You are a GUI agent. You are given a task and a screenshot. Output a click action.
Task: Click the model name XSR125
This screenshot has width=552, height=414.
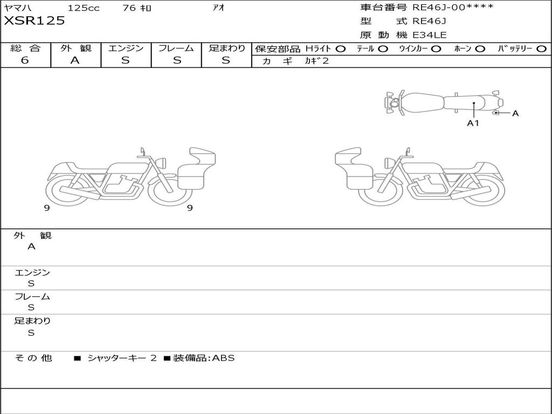[34, 21]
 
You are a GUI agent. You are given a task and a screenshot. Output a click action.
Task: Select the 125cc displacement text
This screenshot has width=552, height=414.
[84, 8]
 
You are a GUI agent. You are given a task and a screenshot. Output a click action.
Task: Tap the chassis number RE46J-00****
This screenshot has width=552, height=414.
[453, 7]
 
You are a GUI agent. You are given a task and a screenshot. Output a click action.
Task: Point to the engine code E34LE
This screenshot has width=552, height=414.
[430, 35]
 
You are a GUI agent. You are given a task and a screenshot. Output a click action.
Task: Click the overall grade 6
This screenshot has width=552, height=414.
[25, 60]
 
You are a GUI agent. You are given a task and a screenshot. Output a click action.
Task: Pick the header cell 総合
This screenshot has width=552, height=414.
[25, 48]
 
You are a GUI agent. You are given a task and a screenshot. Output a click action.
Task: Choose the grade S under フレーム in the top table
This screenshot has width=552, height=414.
[177, 60]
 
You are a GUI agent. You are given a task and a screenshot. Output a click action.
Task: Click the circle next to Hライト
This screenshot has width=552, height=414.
[340, 49]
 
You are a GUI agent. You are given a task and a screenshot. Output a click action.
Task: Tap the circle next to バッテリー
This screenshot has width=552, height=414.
[541, 49]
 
